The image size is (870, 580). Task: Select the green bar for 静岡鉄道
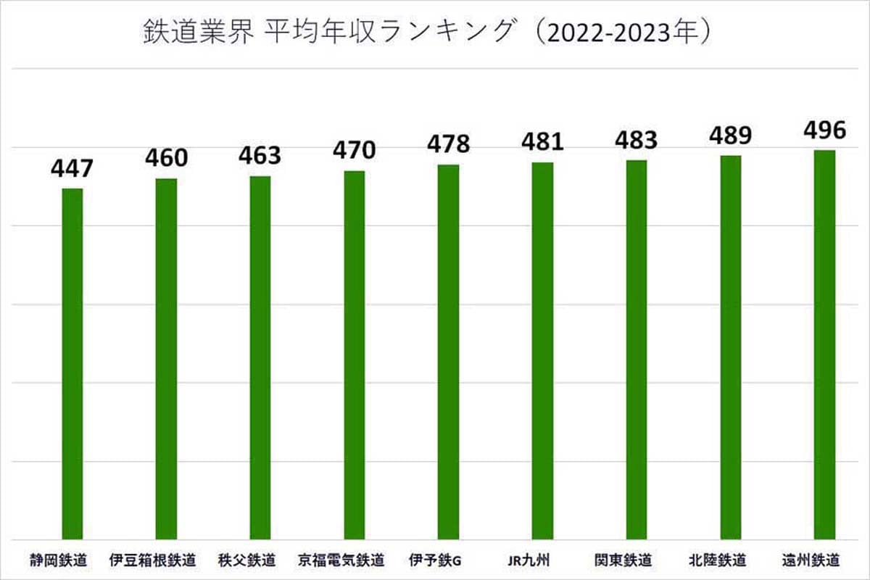(x=72, y=362)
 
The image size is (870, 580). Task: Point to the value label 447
(x=72, y=169)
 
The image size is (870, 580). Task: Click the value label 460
(x=166, y=158)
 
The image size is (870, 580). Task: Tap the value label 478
(x=448, y=144)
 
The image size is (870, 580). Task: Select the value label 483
(x=636, y=141)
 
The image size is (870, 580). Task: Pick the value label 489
(x=731, y=136)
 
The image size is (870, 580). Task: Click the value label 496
(x=824, y=130)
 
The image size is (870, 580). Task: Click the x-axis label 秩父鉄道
(x=246, y=560)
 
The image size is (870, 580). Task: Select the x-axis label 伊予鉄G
(x=435, y=560)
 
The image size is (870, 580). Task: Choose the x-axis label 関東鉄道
(x=623, y=560)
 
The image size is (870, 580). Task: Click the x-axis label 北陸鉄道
(x=717, y=560)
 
